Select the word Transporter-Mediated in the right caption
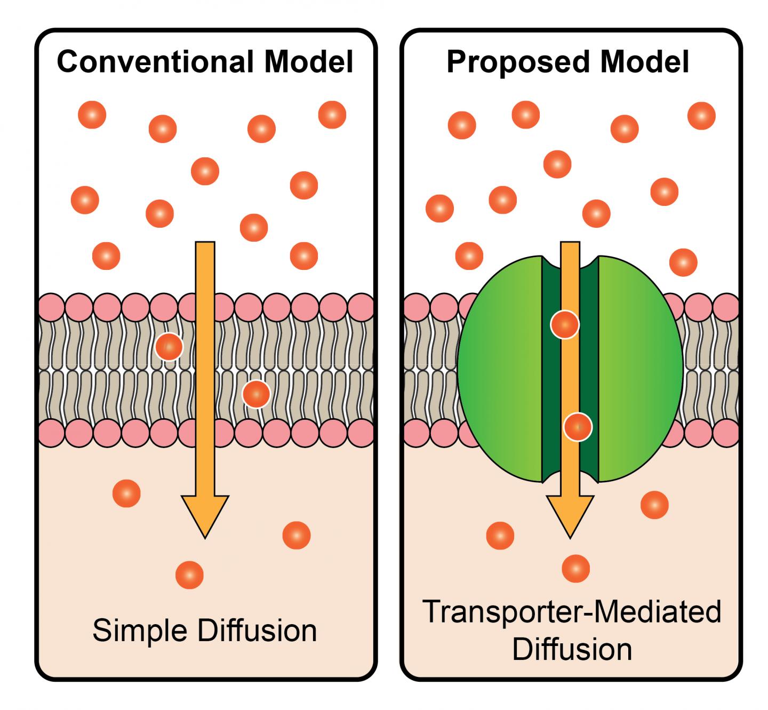(571, 612)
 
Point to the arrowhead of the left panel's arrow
(205, 515)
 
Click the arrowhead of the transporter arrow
(570, 515)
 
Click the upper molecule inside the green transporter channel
(564, 324)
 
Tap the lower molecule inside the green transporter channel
(578, 427)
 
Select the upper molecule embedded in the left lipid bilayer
(169, 347)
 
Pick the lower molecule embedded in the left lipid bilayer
(256, 394)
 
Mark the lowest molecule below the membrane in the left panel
(189, 575)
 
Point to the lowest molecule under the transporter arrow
(575, 568)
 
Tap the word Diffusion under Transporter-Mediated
(572, 649)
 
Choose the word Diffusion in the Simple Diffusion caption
(257, 631)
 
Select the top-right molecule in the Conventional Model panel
(332, 115)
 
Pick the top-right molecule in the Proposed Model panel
(701, 116)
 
